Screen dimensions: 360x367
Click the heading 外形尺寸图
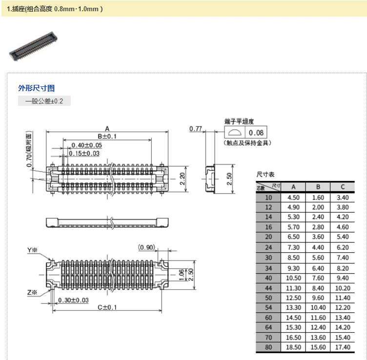tap(36, 88)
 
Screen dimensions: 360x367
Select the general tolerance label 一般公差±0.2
tap(44, 101)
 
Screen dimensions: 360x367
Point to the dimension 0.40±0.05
tap(86, 145)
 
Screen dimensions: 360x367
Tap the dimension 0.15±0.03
tap(84, 153)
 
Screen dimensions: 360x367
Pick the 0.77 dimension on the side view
tap(195, 129)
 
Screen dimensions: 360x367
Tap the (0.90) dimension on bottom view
tap(146, 247)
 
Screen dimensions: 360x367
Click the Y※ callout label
tap(33, 250)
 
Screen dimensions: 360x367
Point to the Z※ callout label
tap(33, 292)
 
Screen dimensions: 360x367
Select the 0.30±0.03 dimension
tap(73, 300)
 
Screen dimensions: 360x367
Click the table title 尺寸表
tap(265, 174)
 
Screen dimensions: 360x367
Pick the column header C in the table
tap(343, 187)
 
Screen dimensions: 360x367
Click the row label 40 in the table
tap(268, 278)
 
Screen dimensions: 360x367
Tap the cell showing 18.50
tap(293, 347)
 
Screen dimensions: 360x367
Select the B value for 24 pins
tap(318, 248)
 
